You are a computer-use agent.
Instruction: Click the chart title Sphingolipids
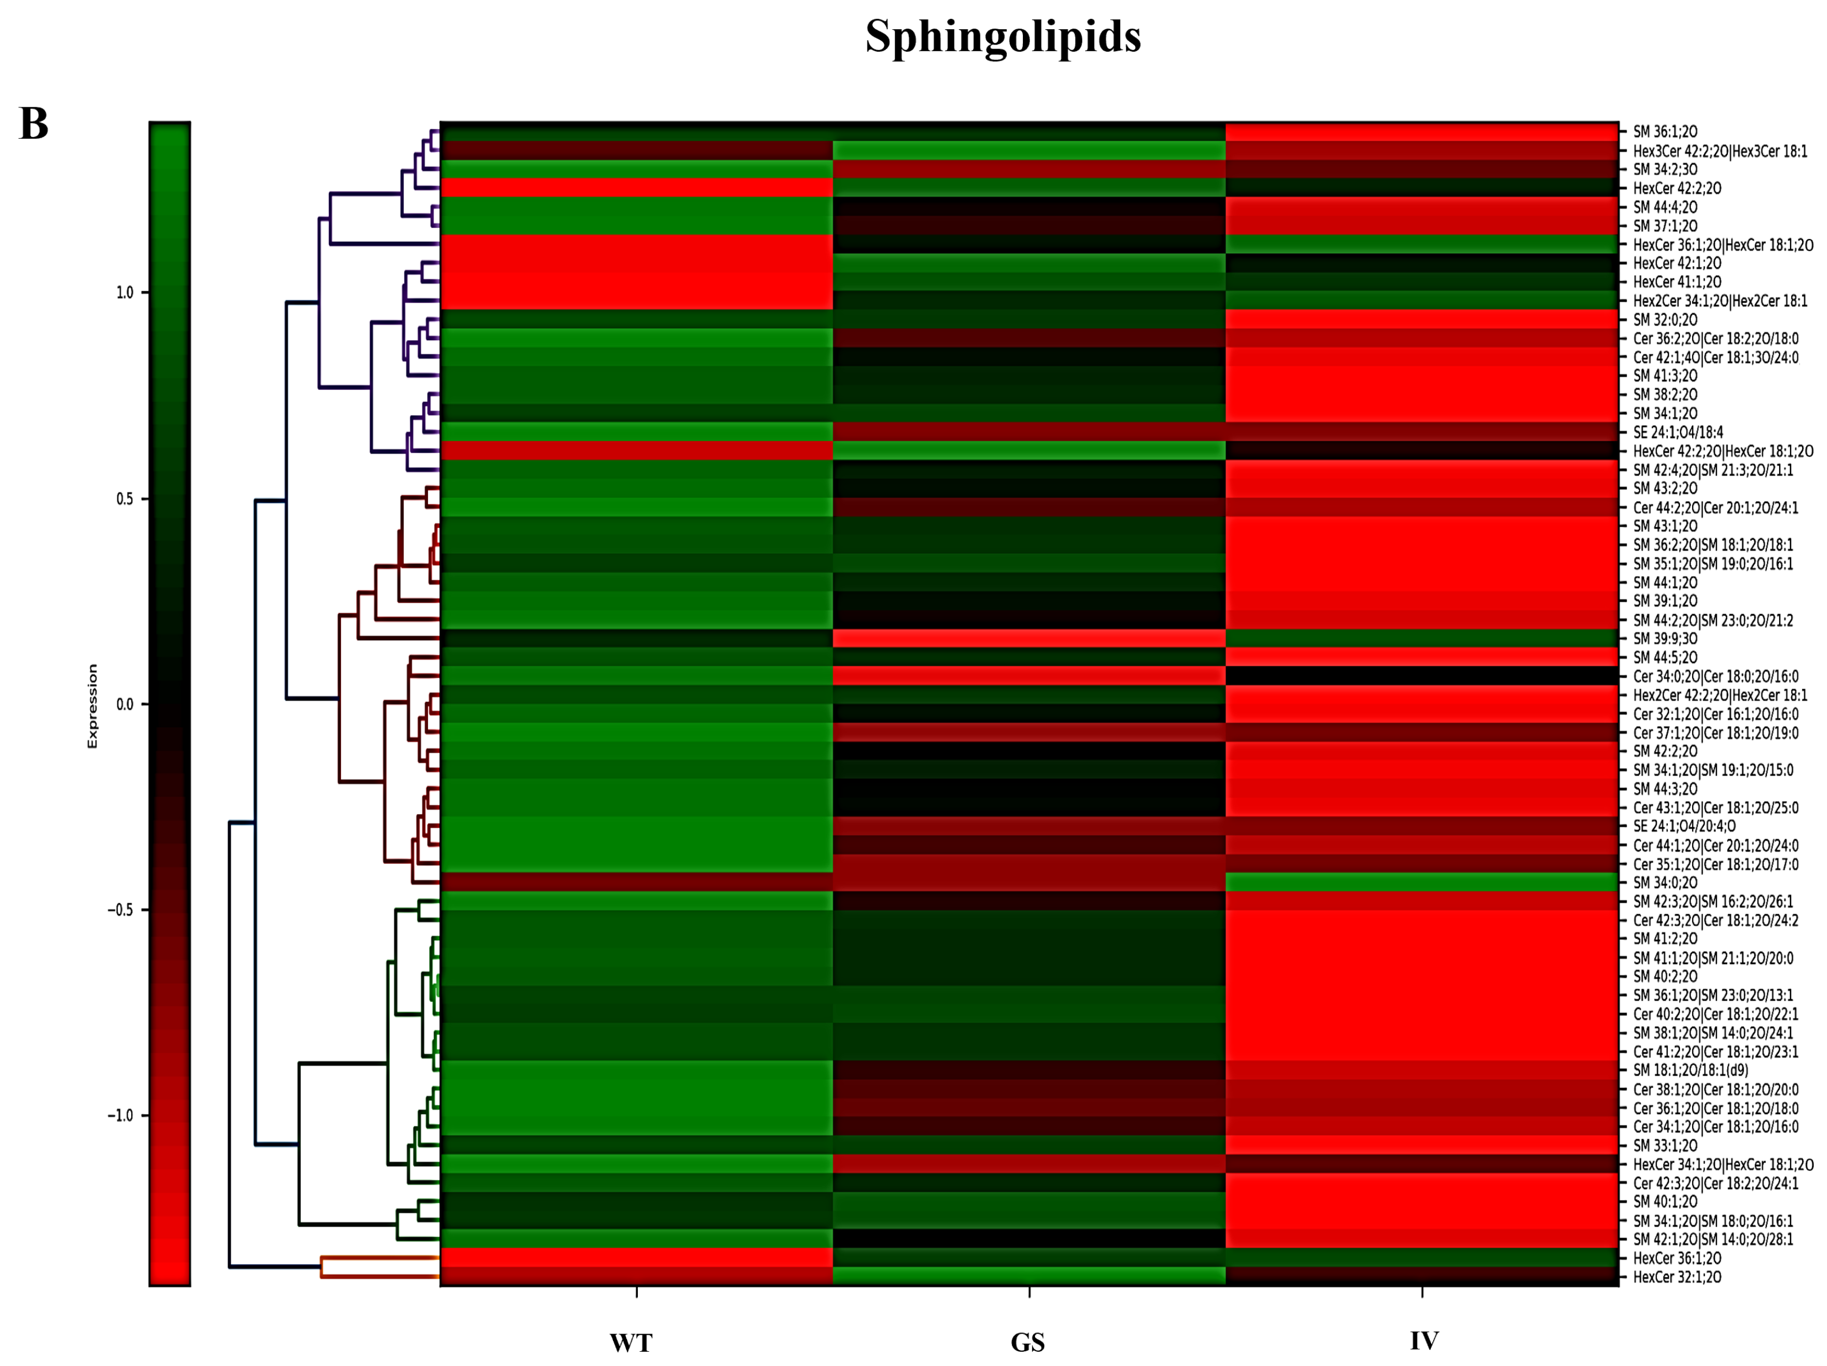tap(1002, 37)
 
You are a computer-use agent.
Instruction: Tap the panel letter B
tap(34, 124)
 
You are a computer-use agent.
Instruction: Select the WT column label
tap(631, 1343)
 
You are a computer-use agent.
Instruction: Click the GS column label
tap(1027, 1343)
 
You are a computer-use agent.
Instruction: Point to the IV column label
tap(1424, 1341)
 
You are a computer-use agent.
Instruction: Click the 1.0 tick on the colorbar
tap(124, 292)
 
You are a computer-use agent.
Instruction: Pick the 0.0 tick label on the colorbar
tap(124, 704)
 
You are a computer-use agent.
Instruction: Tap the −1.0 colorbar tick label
tap(121, 1116)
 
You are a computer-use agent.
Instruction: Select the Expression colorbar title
tap(93, 706)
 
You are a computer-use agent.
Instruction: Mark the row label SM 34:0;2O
tap(1665, 883)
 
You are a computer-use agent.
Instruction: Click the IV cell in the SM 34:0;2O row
tap(1422, 883)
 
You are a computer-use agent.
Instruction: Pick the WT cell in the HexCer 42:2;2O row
tap(637, 188)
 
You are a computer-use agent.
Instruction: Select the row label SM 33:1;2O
tap(1665, 1146)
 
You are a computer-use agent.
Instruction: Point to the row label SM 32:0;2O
tap(1665, 319)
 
